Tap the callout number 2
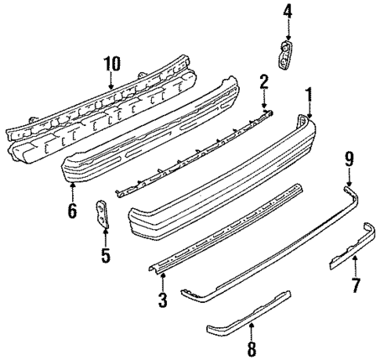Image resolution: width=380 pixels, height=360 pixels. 264,80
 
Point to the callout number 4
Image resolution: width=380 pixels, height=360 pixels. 288,11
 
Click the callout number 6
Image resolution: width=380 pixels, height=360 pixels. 72,211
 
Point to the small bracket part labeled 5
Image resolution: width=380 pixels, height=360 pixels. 102,214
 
